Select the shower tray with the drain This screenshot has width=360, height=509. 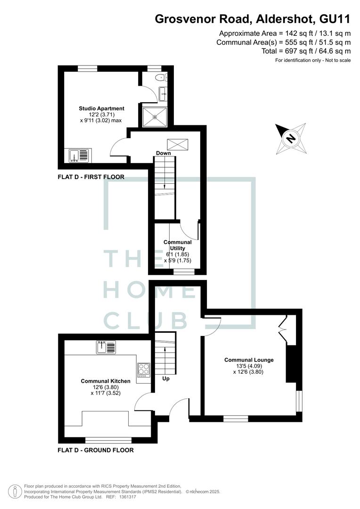point(155,116)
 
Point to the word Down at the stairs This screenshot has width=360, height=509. point(164,153)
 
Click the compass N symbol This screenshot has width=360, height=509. point(291,139)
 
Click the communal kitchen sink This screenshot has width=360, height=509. point(106,347)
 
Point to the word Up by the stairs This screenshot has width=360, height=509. point(166,378)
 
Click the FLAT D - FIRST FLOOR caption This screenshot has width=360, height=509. point(91,177)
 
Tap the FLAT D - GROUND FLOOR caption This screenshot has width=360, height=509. point(96,450)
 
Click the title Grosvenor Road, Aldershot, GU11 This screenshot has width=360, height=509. point(253,19)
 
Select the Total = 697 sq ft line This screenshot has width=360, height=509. point(306,51)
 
